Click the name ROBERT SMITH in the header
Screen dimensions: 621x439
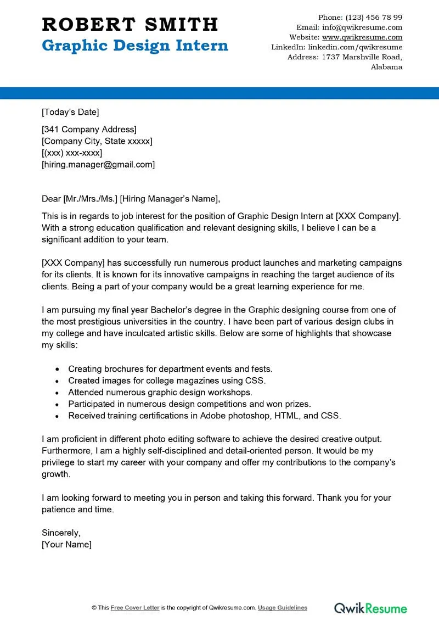130,25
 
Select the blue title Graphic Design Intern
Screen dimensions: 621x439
135,45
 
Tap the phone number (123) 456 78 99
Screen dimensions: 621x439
375,17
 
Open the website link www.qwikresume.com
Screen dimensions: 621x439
362,37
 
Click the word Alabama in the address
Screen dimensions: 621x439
386,67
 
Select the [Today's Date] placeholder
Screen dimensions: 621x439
70,113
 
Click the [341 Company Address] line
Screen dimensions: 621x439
89,130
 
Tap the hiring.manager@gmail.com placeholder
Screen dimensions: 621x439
98,164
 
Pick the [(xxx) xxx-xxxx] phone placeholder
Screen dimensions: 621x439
72,153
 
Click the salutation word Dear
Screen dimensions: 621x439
51,199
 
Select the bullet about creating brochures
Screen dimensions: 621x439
170,369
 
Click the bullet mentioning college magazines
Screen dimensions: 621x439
167,381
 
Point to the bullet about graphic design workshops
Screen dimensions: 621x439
160,392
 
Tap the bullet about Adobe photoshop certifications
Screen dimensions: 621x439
204,416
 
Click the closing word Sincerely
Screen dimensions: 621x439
61,533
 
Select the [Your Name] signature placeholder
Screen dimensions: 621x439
66,545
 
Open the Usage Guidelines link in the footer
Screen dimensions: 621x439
283,608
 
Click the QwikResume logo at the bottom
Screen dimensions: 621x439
371,608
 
